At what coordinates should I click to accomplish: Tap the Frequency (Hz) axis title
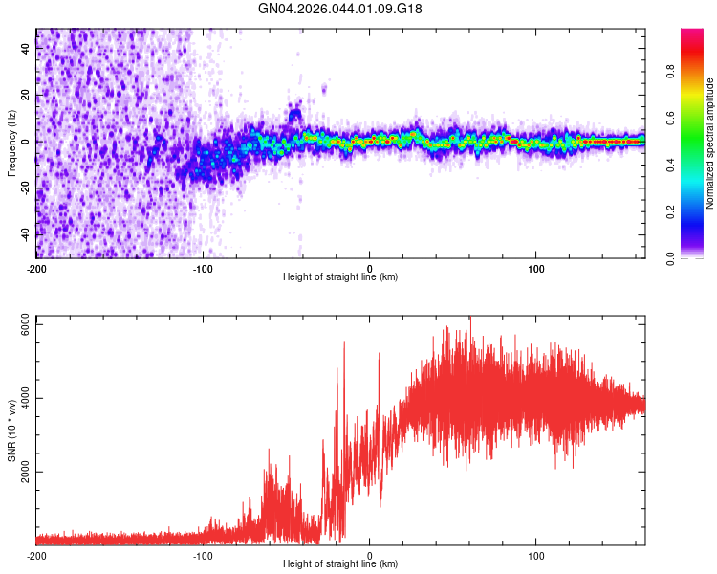(x=11, y=143)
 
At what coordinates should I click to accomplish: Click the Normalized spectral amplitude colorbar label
(x=711, y=143)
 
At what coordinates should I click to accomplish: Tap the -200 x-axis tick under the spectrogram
(x=36, y=269)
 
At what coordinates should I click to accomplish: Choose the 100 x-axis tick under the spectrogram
(x=536, y=269)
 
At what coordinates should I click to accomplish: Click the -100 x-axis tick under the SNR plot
(x=203, y=555)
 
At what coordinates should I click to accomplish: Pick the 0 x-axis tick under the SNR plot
(x=370, y=555)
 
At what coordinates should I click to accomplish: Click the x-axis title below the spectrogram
(x=340, y=278)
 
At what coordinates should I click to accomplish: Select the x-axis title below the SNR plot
(x=340, y=564)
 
